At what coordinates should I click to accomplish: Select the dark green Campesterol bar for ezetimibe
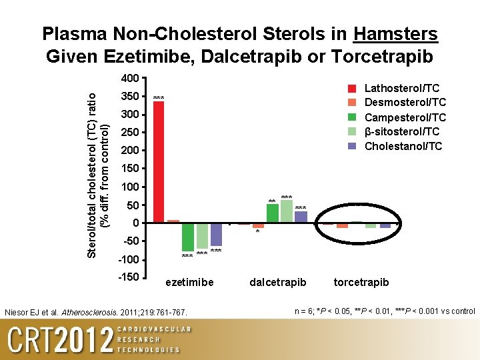click(188, 237)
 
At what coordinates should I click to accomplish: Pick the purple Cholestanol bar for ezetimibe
click(216, 234)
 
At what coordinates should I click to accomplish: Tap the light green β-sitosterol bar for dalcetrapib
click(287, 211)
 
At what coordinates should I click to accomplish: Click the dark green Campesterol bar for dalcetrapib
click(273, 213)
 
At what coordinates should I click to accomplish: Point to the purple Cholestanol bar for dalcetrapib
click(301, 217)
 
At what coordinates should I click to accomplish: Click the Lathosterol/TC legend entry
click(402, 88)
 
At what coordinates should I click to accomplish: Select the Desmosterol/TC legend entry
click(405, 103)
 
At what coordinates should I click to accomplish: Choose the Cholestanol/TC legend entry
click(403, 146)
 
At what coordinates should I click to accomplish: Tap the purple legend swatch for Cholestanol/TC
click(353, 146)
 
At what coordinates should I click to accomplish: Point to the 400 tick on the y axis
click(130, 79)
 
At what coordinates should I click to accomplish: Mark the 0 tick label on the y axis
click(135, 223)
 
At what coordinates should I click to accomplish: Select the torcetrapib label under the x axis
click(361, 282)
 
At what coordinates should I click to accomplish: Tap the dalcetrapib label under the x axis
click(278, 282)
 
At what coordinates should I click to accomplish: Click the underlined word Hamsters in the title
click(396, 34)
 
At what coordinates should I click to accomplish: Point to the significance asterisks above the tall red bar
click(159, 99)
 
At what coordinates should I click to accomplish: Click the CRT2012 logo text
click(61, 340)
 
